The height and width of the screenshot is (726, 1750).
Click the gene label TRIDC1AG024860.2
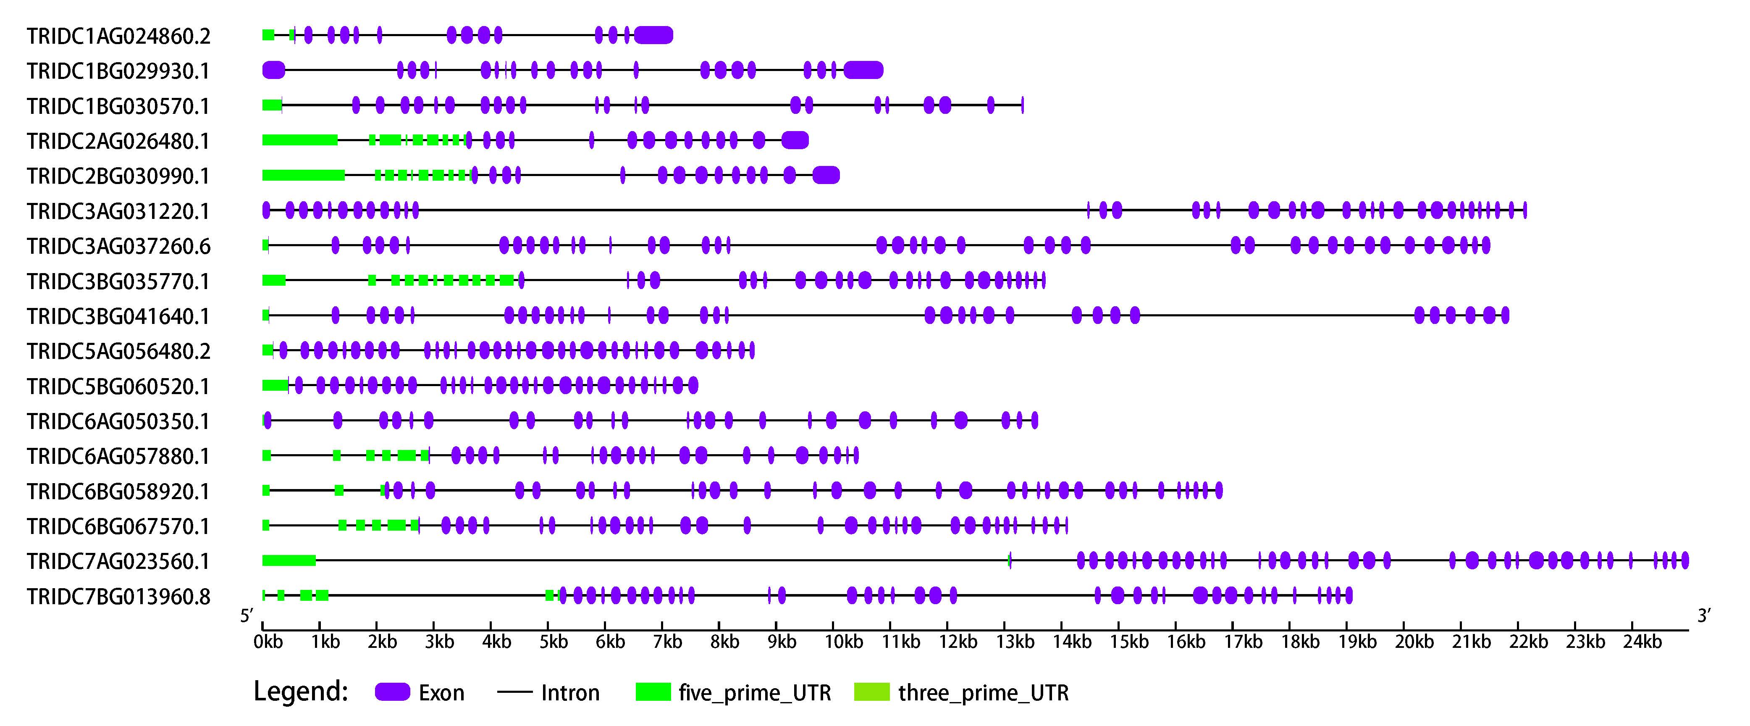click(x=119, y=36)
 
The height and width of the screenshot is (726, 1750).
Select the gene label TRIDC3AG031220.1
click(x=119, y=211)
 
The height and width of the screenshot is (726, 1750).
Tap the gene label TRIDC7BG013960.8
click(x=119, y=597)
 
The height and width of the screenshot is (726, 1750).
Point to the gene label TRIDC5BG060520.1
click(x=119, y=387)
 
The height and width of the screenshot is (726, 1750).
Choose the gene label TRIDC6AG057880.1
click(x=119, y=457)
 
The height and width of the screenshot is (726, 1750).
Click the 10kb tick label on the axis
click(x=844, y=642)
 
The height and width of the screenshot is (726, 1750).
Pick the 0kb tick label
click(x=268, y=642)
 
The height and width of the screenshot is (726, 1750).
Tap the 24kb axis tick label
click(x=1642, y=642)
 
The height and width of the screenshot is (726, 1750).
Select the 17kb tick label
click(x=1243, y=642)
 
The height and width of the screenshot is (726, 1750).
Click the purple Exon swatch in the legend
click(x=393, y=692)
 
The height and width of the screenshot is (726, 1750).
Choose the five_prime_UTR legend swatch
click(x=653, y=692)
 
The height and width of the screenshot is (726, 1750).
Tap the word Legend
click(x=301, y=692)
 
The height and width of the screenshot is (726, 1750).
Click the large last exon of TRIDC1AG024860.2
click(x=653, y=35)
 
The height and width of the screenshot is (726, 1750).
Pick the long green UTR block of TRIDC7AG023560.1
click(x=289, y=561)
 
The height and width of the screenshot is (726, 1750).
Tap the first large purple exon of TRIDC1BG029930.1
click(x=274, y=70)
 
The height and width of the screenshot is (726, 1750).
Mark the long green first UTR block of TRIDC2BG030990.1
click(x=304, y=175)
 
